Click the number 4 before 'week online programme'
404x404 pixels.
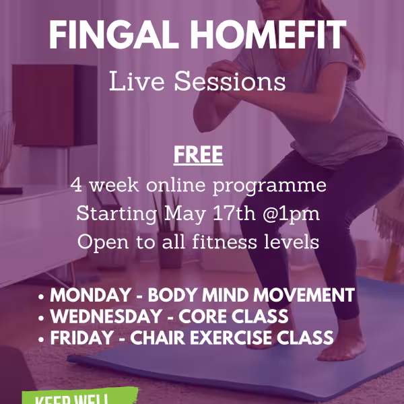coord(75,185)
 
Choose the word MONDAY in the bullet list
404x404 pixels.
coord(88,295)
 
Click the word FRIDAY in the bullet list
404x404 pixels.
coord(78,337)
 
